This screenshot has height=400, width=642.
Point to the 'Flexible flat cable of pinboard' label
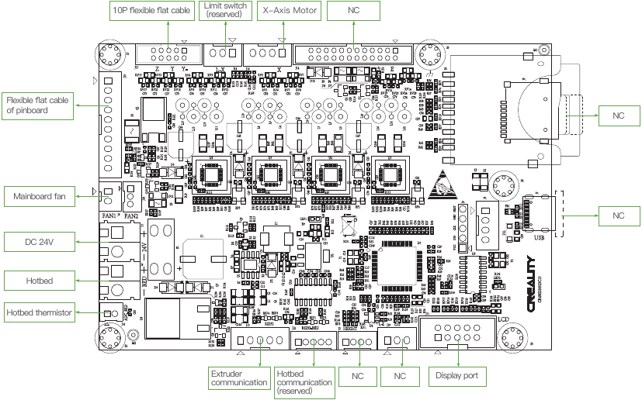click(x=37, y=105)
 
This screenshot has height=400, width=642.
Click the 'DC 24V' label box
click(x=40, y=243)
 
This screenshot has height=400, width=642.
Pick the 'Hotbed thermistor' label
click(x=40, y=313)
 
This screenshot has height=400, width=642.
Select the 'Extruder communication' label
click(x=239, y=378)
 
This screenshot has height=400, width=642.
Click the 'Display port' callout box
click(x=458, y=376)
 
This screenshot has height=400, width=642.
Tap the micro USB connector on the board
click(x=537, y=213)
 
